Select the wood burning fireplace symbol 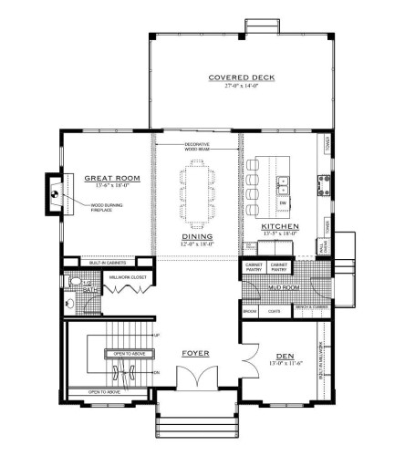coord(55,193)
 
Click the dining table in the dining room coord(197,192)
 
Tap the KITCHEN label coord(276,226)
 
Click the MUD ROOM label coord(285,286)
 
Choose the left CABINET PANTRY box coord(254,269)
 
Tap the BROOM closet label coord(250,311)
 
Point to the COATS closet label coord(274,311)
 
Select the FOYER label coord(196,351)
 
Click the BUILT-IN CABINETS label coord(107,263)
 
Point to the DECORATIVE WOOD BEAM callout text coord(197,147)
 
